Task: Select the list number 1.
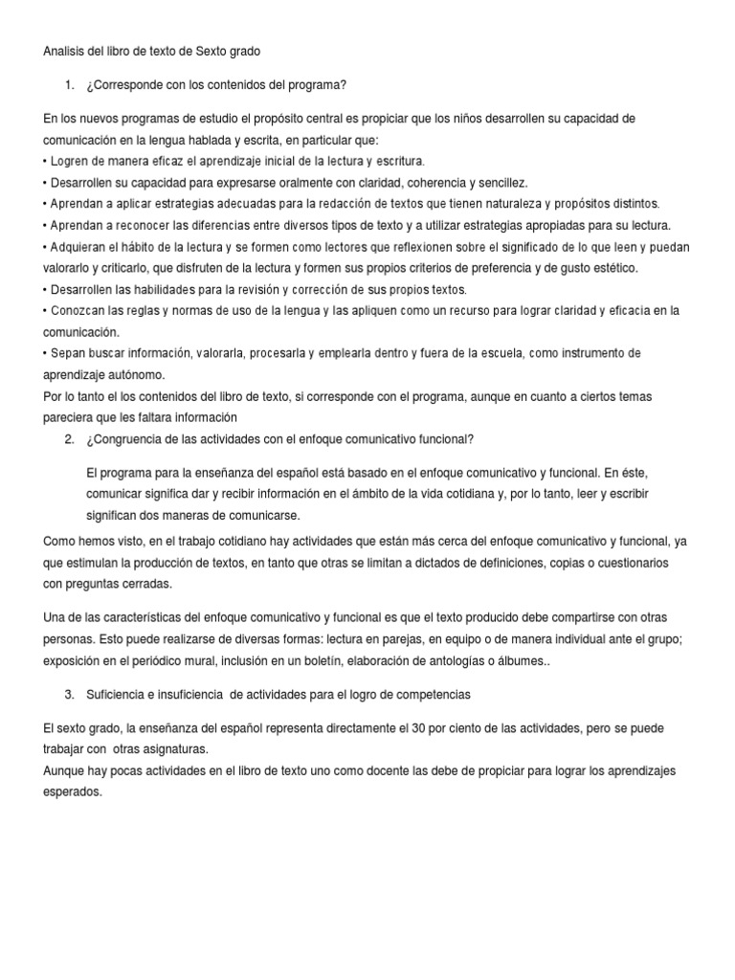tap(69, 85)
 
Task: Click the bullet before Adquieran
tap(46, 247)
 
